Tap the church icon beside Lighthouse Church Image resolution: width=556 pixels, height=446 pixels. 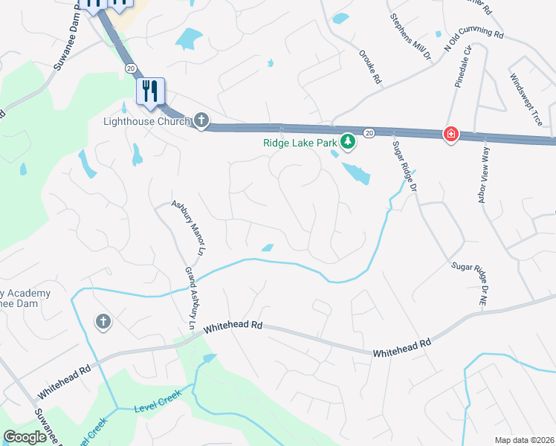tap(201, 120)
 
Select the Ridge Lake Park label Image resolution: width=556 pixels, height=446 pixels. tap(300, 142)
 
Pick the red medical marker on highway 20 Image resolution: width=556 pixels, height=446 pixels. tap(450, 134)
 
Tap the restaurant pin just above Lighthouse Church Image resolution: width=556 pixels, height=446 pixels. tap(151, 91)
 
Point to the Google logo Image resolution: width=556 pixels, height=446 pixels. tap(25, 437)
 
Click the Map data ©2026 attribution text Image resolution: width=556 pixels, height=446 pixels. tap(524, 440)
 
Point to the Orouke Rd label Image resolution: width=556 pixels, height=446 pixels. tap(369, 68)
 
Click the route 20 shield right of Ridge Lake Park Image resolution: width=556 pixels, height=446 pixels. tap(369, 132)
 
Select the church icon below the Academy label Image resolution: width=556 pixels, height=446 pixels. tap(103, 321)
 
